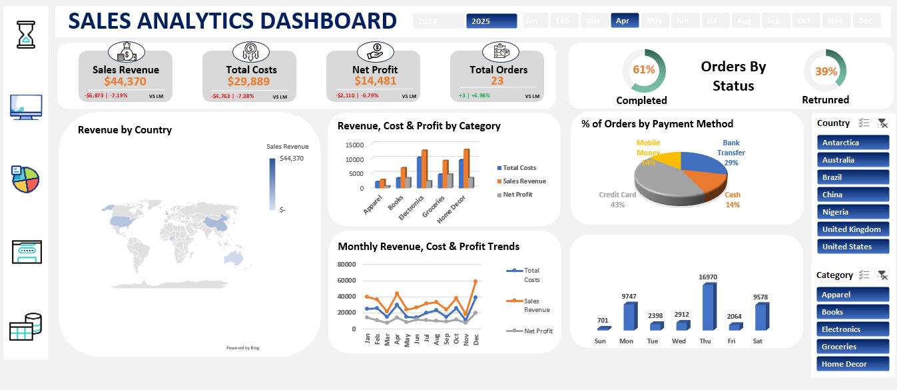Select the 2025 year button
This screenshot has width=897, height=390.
(x=491, y=21)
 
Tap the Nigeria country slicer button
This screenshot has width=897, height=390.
(x=852, y=212)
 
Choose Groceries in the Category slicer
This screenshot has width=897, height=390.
(x=852, y=347)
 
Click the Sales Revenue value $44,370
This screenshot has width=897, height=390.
(x=125, y=81)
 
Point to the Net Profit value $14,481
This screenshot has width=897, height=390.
(x=375, y=81)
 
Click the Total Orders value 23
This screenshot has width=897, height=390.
(x=497, y=81)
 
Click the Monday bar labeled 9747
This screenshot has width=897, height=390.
(x=628, y=317)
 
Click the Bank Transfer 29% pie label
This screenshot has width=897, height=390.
(x=731, y=153)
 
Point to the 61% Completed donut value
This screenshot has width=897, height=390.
(x=644, y=69)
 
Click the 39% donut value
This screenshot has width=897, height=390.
(x=826, y=71)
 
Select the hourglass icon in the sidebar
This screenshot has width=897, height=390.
(x=27, y=34)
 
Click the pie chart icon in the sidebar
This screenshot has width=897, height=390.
(x=26, y=179)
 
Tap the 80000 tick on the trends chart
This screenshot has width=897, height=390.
(x=346, y=264)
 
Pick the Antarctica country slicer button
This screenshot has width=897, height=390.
(x=852, y=143)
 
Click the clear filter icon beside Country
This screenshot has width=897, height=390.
(x=882, y=123)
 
